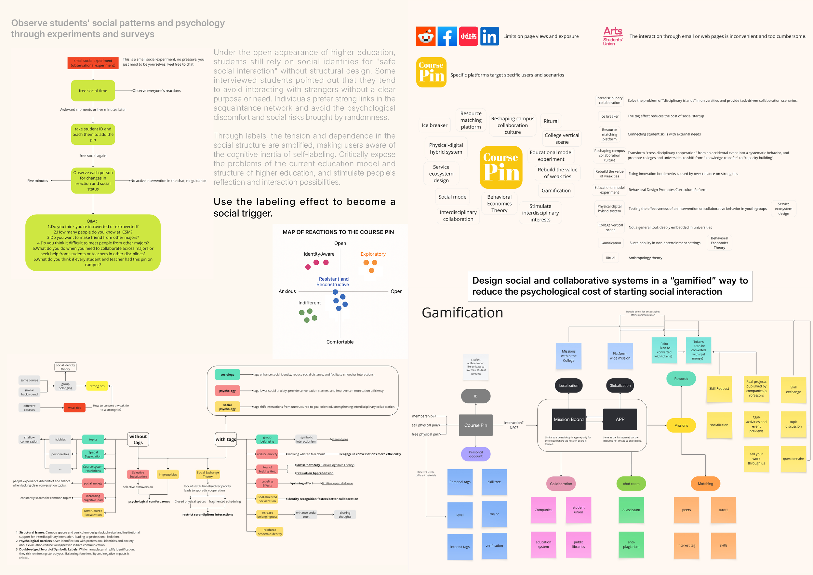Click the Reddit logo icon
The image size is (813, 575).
(x=426, y=36)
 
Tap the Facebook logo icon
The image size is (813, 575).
(x=447, y=36)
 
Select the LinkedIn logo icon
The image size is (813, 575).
(x=489, y=36)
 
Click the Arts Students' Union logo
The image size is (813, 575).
(x=613, y=36)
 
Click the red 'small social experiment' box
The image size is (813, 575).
(x=93, y=63)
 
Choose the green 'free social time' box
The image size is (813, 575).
(x=93, y=91)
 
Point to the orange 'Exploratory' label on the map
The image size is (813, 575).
(x=373, y=254)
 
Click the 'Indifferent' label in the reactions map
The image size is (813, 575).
(x=310, y=303)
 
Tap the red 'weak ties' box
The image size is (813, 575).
(x=74, y=408)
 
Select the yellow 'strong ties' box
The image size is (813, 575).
(x=97, y=386)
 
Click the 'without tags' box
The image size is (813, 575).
(x=138, y=439)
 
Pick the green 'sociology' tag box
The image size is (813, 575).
(x=227, y=375)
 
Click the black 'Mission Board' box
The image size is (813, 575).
(x=569, y=420)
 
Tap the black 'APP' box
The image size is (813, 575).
(x=620, y=420)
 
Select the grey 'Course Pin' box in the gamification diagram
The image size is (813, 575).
(x=475, y=425)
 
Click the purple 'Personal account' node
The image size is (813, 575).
(x=475, y=454)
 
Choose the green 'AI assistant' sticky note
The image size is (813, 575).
(x=631, y=510)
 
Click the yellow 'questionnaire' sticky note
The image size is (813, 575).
(x=793, y=459)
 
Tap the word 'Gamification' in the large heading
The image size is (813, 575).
(x=462, y=313)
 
